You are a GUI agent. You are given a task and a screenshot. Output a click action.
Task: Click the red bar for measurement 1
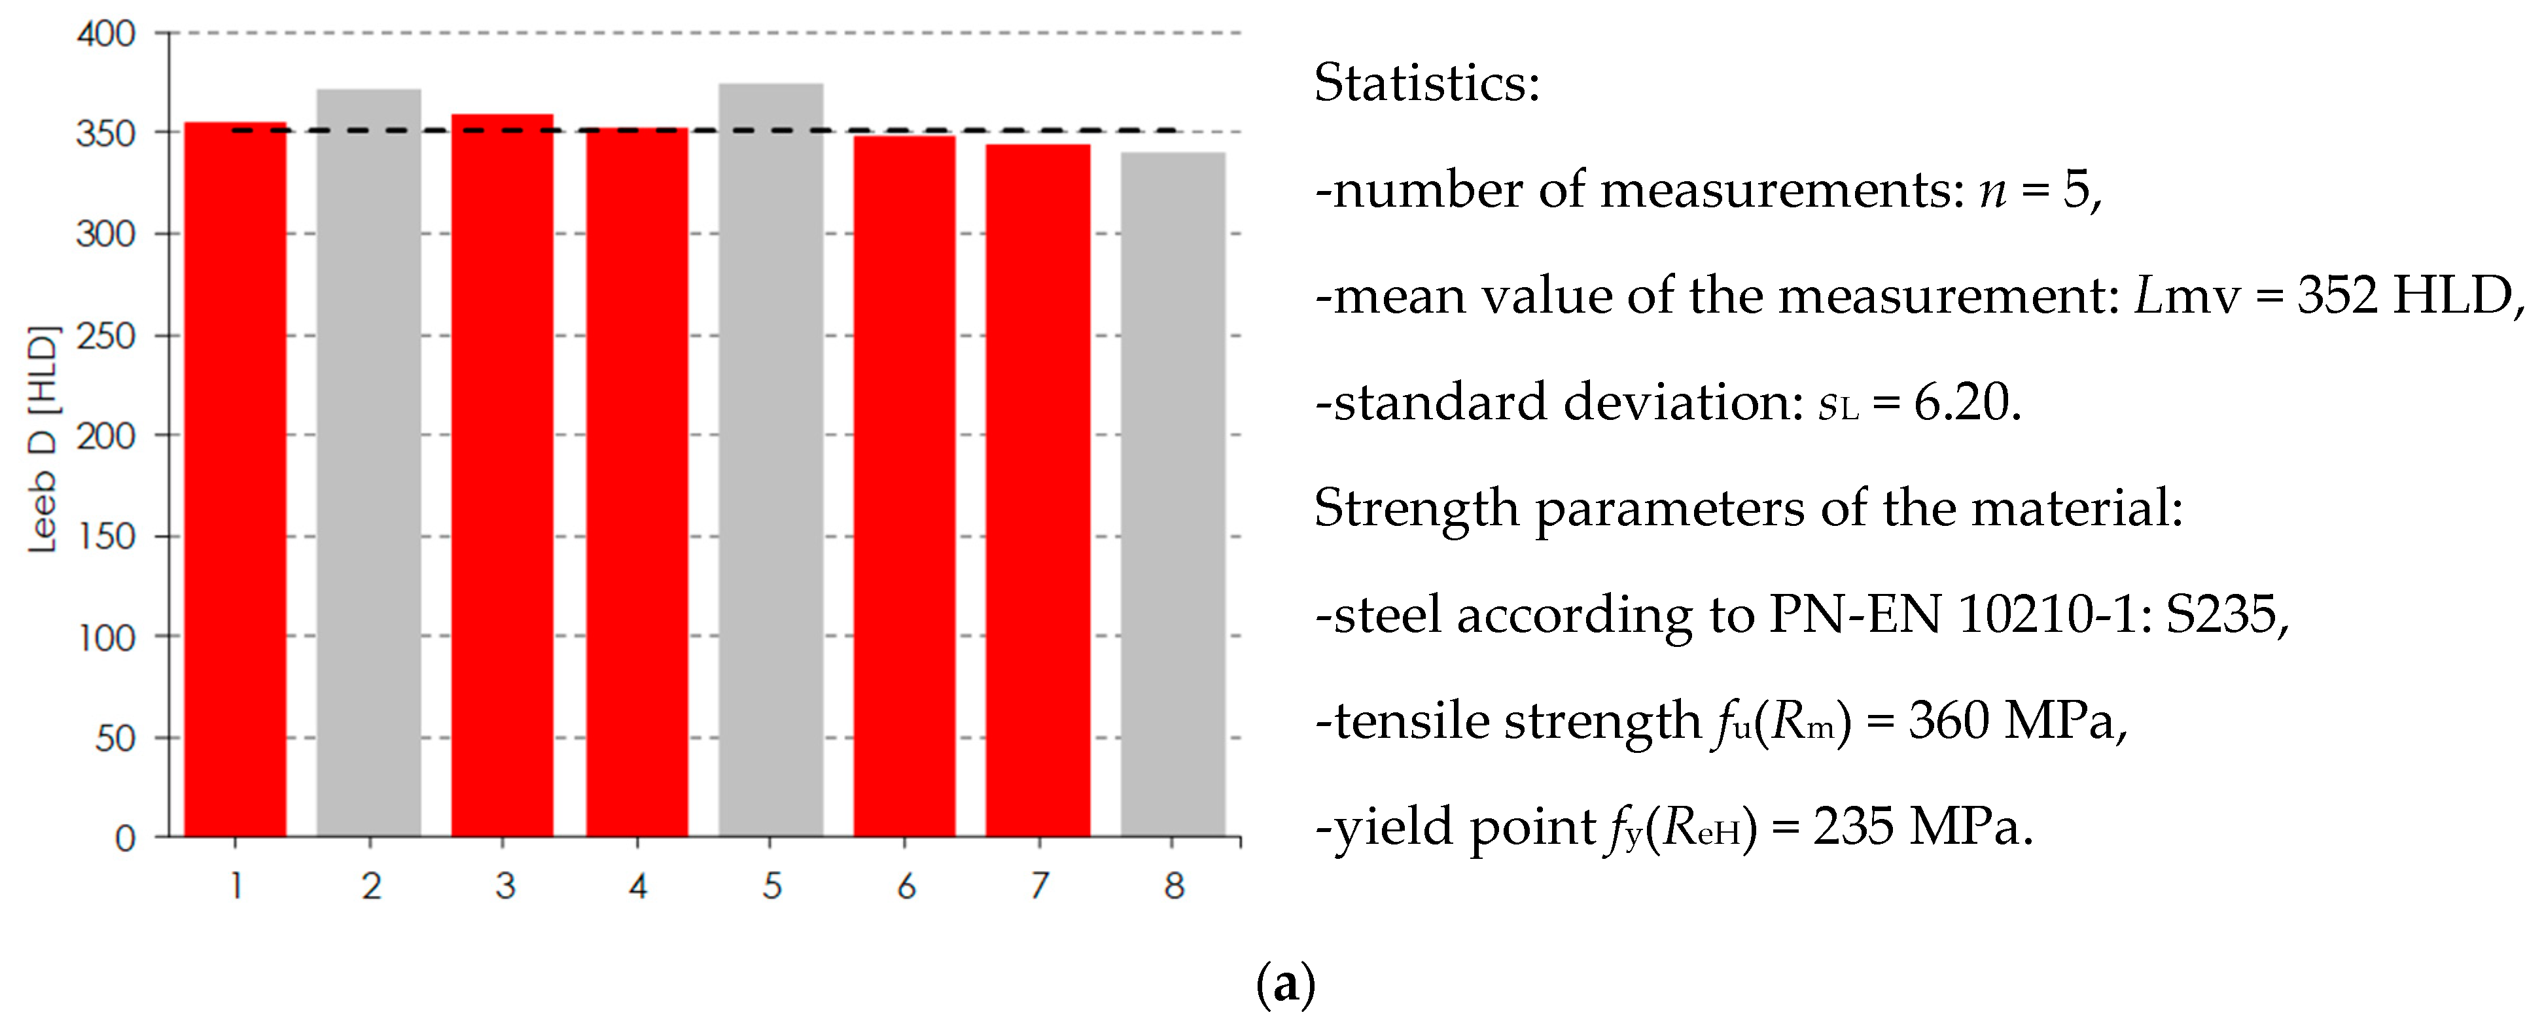pyautogui.click(x=235, y=480)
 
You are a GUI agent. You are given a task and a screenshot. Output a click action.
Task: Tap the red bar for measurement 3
pyautogui.click(x=502, y=476)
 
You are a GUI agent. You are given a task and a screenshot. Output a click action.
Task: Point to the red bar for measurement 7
pyautogui.click(x=1038, y=491)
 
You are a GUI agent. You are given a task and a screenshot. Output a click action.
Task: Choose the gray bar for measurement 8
pyautogui.click(x=1173, y=495)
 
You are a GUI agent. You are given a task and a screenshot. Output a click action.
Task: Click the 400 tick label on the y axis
pyautogui.click(x=105, y=35)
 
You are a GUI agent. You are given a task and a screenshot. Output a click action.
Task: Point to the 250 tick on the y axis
pyautogui.click(x=105, y=336)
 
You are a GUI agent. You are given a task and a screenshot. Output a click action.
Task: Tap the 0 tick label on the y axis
pyautogui.click(x=124, y=839)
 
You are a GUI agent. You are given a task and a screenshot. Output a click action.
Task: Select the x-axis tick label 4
pyautogui.click(x=638, y=886)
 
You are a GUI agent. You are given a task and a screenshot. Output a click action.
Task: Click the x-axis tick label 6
pyautogui.click(x=906, y=886)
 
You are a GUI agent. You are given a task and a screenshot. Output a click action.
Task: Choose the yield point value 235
pyautogui.click(x=1852, y=827)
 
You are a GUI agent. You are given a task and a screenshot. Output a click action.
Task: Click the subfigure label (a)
pyautogui.click(x=1285, y=984)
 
